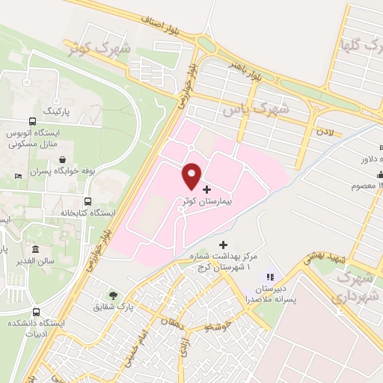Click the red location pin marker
191,176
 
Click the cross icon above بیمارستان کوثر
207,189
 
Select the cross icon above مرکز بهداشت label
222,245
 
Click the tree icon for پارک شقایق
113,295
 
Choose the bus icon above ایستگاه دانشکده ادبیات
36,312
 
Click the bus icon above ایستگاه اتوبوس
32,121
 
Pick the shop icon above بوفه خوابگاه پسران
61,159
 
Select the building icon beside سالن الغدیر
35,249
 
